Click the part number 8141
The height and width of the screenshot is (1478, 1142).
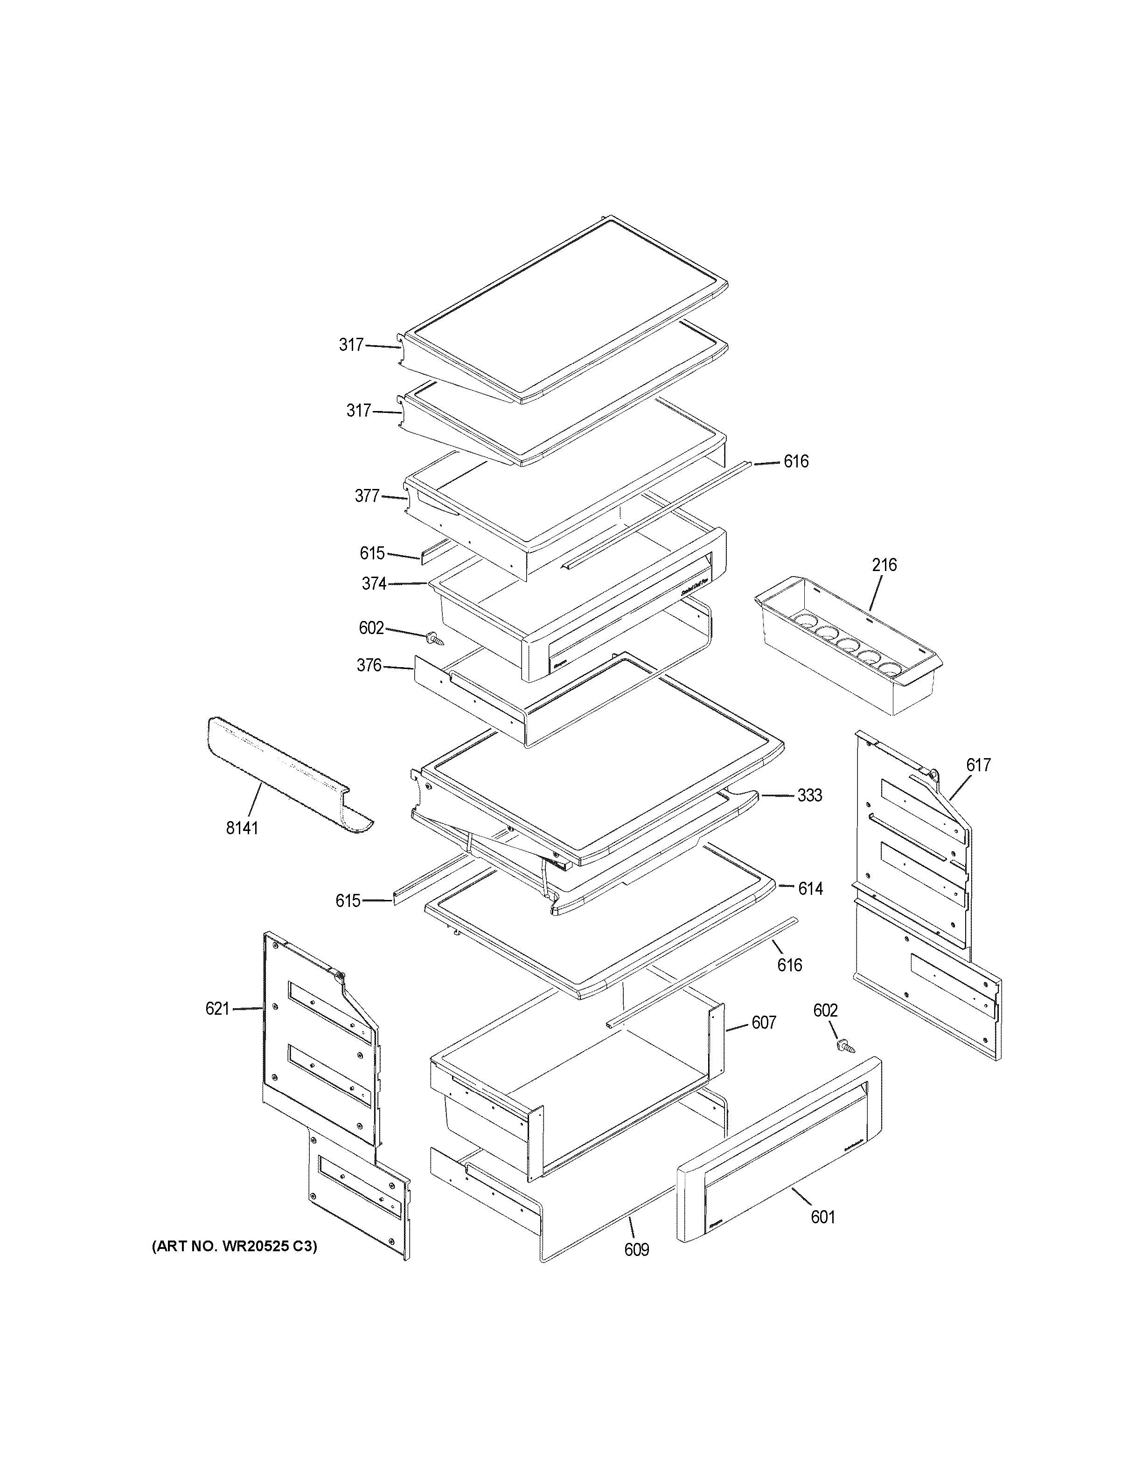pos(242,828)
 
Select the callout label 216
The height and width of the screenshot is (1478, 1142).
pos(884,565)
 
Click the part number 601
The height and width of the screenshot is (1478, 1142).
pos(822,1217)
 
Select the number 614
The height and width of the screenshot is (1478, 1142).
pos(810,889)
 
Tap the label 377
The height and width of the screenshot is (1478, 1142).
pos(367,496)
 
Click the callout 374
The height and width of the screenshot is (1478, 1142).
pos(374,583)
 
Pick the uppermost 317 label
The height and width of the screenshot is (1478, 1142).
pos(351,345)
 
